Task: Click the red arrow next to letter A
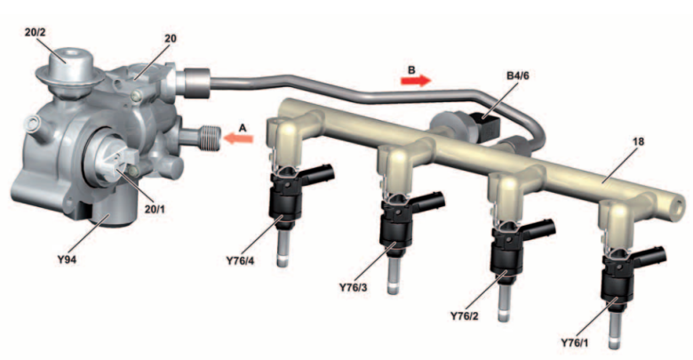(x=243, y=139)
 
